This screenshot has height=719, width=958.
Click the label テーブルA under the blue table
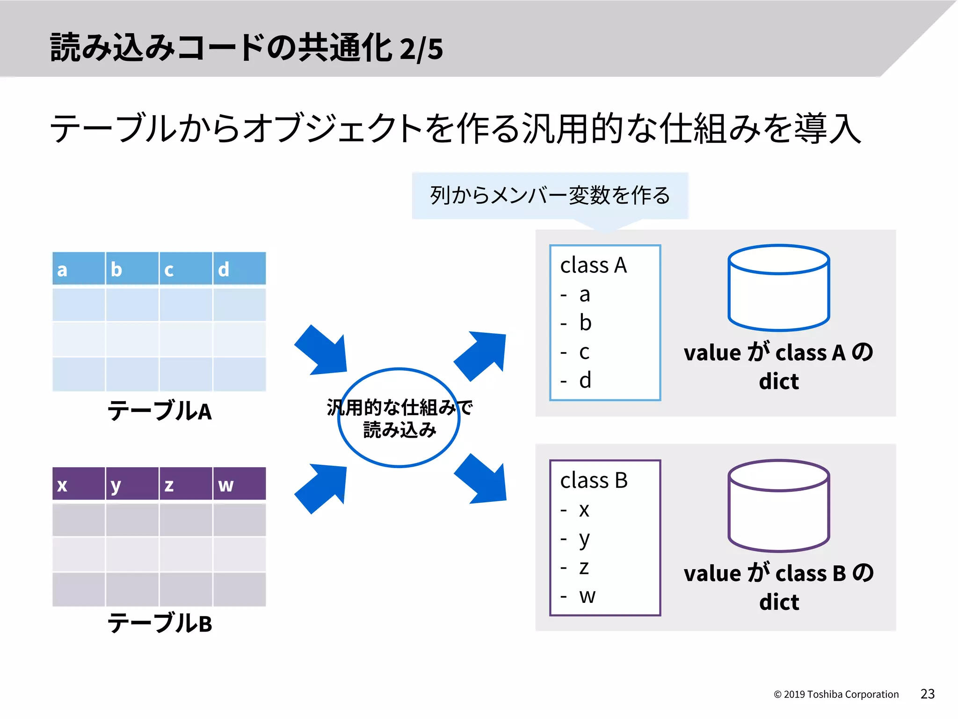click(160, 411)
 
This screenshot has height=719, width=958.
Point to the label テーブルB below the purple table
click(160, 624)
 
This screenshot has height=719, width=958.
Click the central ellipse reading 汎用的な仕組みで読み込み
click(399, 418)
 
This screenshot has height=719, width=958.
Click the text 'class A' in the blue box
click(593, 265)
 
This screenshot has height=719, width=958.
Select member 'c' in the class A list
click(584, 352)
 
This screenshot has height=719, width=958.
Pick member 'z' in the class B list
click(584, 567)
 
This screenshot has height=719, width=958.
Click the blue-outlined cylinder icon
click(778, 288)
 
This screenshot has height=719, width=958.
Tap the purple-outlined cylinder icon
click(778, 506)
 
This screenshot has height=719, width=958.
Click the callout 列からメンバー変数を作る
click(550, 196)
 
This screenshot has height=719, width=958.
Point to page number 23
click(927, 694)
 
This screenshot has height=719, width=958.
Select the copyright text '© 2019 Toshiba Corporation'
click(836, 694)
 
